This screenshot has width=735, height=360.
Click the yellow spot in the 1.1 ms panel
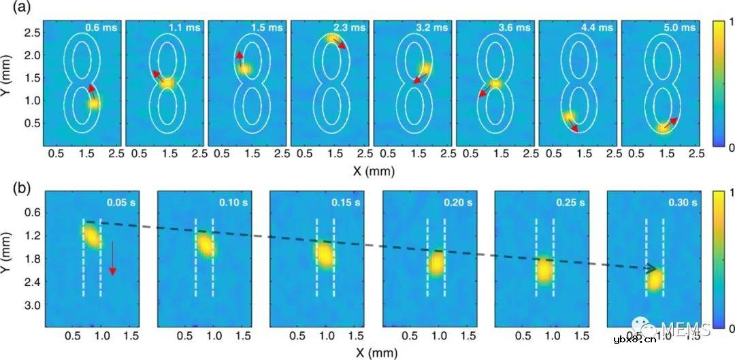pos(167,82)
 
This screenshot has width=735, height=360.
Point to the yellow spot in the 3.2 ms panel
pos(425,69)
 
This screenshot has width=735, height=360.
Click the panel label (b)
pos(12,182)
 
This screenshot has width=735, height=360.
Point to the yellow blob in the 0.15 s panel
pos(325,255)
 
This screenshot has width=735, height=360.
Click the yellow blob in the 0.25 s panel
pos(544,270)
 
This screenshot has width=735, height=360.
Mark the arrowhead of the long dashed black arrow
pos(655,269)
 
